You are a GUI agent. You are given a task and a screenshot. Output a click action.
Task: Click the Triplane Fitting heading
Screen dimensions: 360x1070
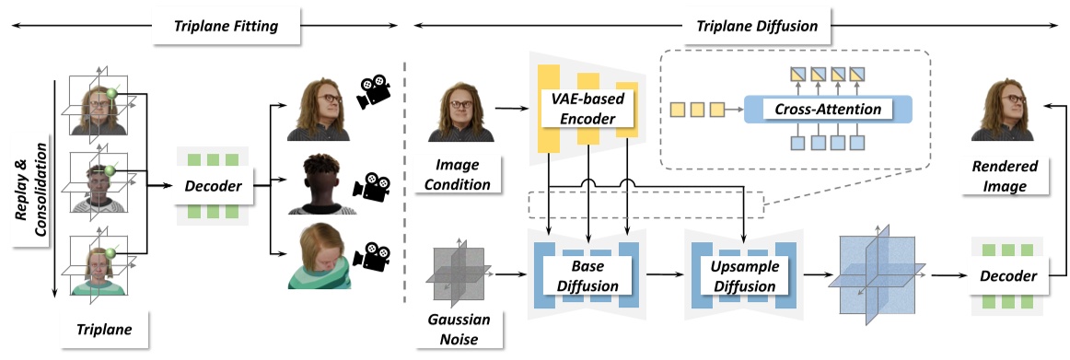tap(227, 27)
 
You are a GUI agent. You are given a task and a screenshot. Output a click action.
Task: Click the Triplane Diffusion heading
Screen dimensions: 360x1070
tap(751, 27)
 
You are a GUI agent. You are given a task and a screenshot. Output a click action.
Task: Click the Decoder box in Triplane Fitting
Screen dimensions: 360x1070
tap(212, 188)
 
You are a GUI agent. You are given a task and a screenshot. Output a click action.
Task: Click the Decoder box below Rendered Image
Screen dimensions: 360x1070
tap(1006, 275)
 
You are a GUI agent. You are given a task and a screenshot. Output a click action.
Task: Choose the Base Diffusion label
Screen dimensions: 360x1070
tap(586, 274)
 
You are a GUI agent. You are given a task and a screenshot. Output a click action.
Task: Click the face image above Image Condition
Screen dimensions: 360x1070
tap(458, 110)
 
